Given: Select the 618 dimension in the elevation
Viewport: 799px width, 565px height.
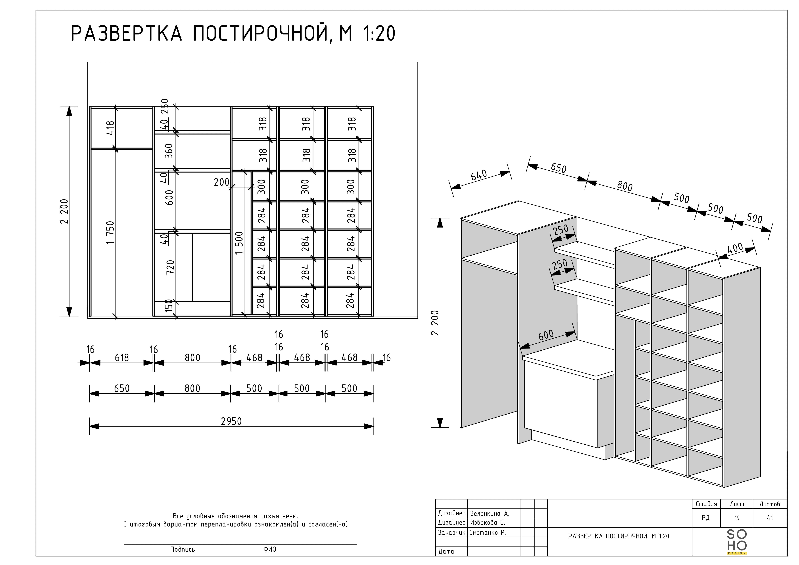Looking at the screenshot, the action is (x=122, y=358).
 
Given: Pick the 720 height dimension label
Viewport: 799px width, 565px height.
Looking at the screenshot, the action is (x=170, y=267).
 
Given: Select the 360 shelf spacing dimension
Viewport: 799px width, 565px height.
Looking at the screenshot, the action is (x=169, y=151).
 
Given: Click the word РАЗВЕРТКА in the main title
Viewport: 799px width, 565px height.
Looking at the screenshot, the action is (x=127, y=34).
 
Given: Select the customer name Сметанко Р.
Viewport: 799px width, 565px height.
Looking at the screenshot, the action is (x=488, y=532).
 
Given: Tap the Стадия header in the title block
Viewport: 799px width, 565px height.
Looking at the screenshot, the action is (x=706, y=504).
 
